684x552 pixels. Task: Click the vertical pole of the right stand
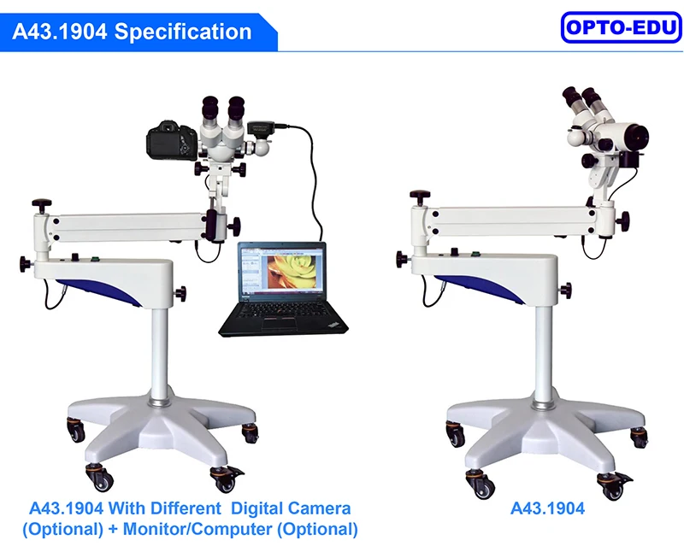coord(540,350)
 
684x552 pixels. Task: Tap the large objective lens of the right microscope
coord(634,136)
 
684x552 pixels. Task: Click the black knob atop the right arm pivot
coord(419,198)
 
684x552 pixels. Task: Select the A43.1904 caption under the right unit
coord(547,508)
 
